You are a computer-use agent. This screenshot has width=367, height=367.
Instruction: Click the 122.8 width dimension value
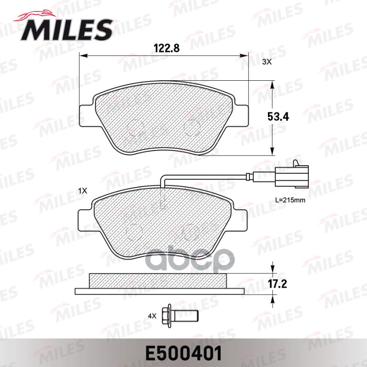click(165, 47)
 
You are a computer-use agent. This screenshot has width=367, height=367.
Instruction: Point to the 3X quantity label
click(267, 62)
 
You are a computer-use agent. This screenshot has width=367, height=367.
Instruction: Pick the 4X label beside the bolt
click(152, 316)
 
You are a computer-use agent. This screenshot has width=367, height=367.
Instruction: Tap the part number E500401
click(183, 354)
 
